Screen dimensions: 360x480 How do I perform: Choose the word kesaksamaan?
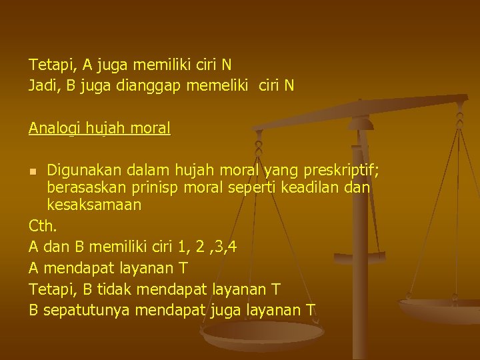(94, 205)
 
